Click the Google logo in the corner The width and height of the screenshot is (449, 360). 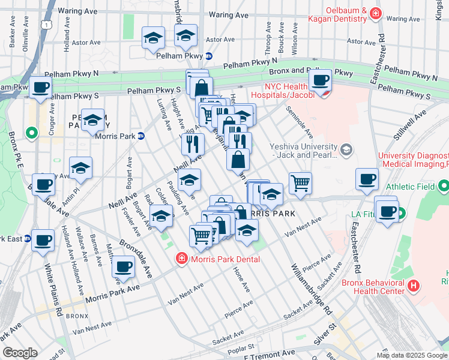(x=20, y=353)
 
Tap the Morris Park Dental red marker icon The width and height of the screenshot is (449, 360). (x=181, y=259)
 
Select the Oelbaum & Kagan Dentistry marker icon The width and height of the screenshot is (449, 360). (x=376, y=13)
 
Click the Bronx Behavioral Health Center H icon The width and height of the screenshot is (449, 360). (x=413, y=286)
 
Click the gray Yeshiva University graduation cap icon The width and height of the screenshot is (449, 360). (x=346, y=149)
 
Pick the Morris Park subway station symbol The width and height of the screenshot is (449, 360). (x=140, y=136)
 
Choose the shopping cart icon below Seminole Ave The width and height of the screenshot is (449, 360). (x=300, y=183)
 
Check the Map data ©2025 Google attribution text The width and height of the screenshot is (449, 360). (x=411, y=355)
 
